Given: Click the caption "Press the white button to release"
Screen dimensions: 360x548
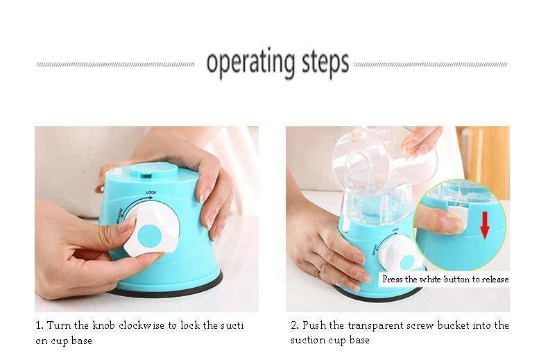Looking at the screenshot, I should point(445,280).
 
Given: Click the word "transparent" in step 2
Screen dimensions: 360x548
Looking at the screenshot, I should point(373,325).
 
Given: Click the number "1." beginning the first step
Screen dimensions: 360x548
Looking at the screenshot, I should point(40,325).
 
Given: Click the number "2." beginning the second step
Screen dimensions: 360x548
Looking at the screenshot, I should point(295,325).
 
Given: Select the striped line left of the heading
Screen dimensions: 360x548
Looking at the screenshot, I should point(115,65).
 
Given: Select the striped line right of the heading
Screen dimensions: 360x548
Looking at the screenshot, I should point(430,65).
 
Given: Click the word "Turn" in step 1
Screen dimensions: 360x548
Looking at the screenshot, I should point(60,325).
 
